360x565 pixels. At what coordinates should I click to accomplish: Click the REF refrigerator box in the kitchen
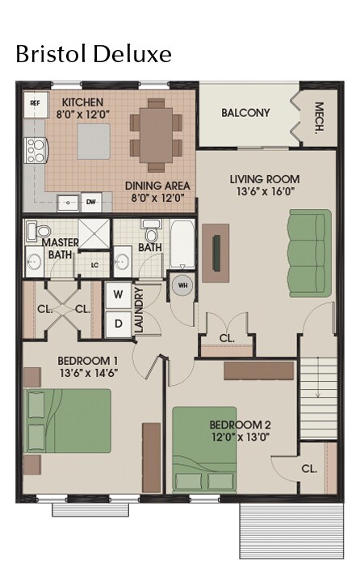(35, 103)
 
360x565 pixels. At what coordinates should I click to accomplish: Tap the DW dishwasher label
(91, 202)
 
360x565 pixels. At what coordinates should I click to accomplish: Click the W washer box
(118, 295)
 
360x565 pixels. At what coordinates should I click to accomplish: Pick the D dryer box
(118, 323)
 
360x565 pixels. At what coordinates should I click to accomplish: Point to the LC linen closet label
(94, 264)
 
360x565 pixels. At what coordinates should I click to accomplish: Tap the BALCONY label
(245, 113)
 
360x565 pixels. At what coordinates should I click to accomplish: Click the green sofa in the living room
(311, 253)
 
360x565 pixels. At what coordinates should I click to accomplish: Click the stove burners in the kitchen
(36, 151)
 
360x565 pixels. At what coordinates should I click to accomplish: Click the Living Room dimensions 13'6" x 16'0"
(264, 192)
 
